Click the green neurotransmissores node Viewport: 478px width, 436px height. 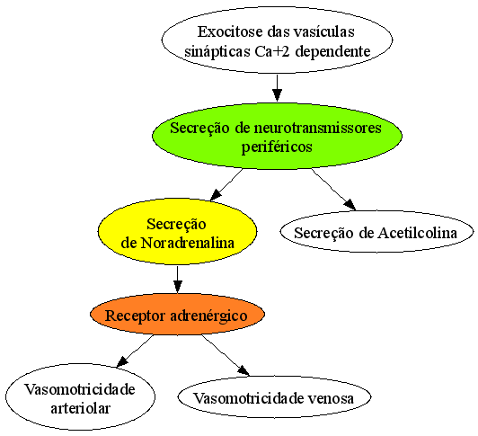[277, 136]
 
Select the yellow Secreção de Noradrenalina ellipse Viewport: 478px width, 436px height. [177, 232]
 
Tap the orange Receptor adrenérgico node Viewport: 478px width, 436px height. [177, 315]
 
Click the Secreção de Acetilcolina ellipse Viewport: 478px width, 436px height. [376, 232]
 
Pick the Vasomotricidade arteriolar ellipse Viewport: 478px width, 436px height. [80, 396]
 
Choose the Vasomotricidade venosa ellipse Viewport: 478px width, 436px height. [274, 396]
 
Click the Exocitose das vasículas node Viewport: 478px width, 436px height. [277, 40]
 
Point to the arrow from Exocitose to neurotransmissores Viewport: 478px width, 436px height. [277, 88]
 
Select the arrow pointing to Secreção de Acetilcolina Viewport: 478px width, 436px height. [333, 190]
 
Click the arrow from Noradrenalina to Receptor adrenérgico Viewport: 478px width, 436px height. [177, 280]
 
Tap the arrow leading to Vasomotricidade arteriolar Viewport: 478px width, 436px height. [135, 351]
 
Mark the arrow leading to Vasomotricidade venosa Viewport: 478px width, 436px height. [226, 355]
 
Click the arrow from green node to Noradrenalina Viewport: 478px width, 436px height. [226, 184]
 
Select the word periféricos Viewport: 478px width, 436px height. [277, 147]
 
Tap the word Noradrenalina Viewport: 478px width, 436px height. [188, 243]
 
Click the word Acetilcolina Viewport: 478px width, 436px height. [417, 233]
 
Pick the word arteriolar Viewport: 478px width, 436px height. [80, 408]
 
